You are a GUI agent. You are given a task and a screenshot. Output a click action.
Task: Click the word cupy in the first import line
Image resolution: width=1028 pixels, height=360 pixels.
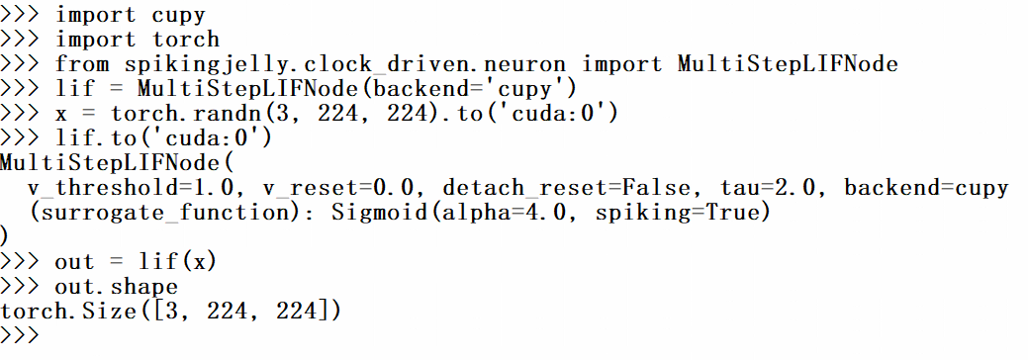(x=179, y=14)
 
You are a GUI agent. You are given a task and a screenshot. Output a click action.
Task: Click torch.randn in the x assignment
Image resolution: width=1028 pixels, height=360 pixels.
(x=171, y=114)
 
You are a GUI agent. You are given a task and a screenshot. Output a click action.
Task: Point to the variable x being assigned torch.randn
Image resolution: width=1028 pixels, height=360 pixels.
(x=61, y=114)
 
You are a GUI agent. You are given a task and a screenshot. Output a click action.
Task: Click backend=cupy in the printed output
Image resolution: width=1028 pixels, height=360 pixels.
(x=926, y=188)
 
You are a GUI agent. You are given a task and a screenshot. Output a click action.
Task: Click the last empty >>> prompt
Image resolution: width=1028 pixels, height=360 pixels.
(x=20, y=336)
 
